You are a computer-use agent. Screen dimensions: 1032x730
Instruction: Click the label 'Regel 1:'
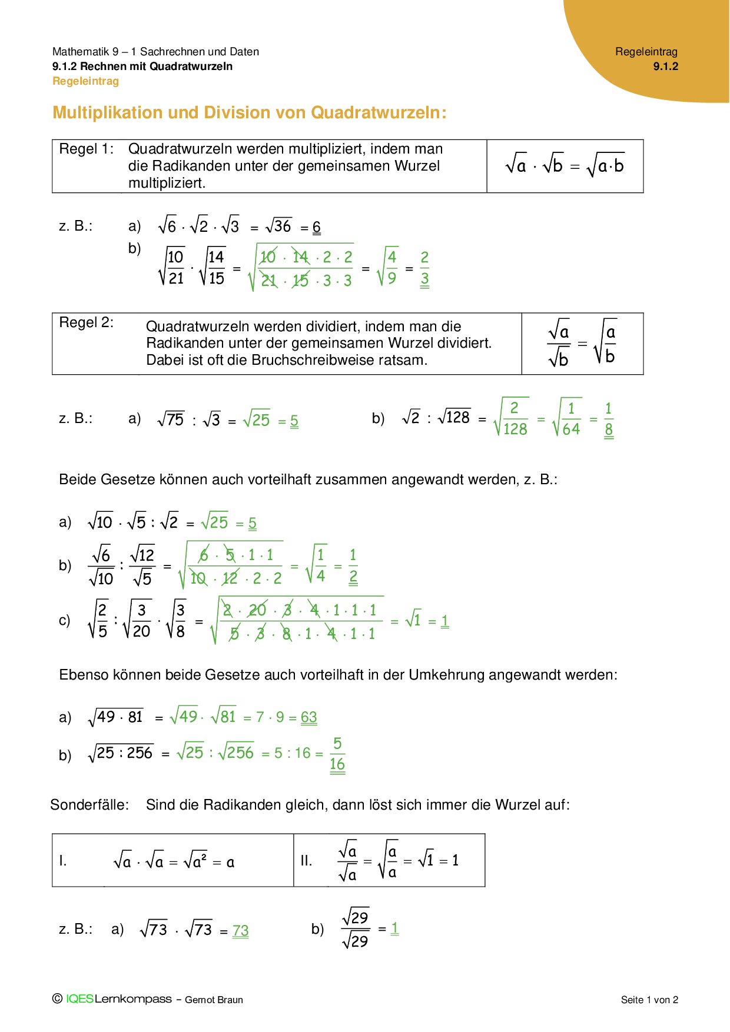86,149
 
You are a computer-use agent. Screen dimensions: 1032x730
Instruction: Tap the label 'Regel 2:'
86,322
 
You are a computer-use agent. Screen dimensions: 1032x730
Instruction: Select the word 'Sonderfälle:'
89,805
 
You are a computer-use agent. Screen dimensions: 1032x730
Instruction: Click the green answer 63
309,717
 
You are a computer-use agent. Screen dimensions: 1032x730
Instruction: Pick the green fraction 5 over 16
337,754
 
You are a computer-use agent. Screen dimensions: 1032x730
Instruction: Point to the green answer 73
241,930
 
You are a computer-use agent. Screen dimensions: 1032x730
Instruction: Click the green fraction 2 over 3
424,268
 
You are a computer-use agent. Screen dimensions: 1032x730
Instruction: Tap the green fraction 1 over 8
609,419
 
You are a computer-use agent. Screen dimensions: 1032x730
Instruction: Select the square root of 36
279,226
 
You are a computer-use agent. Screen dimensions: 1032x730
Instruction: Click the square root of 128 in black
454,417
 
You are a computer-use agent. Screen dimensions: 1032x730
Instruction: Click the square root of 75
171,420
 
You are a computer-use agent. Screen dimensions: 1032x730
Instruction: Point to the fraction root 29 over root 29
356,928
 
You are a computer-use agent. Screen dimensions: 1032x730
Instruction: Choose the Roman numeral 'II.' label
307,861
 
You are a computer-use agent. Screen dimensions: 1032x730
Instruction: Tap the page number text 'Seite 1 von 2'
649,1000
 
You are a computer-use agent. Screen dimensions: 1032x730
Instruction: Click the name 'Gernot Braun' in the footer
214,1000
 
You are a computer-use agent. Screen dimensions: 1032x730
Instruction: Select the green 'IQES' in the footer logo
79,999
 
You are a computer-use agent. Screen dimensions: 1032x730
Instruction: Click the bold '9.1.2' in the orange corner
665,66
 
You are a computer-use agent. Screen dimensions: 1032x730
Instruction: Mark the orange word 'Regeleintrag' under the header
86,81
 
